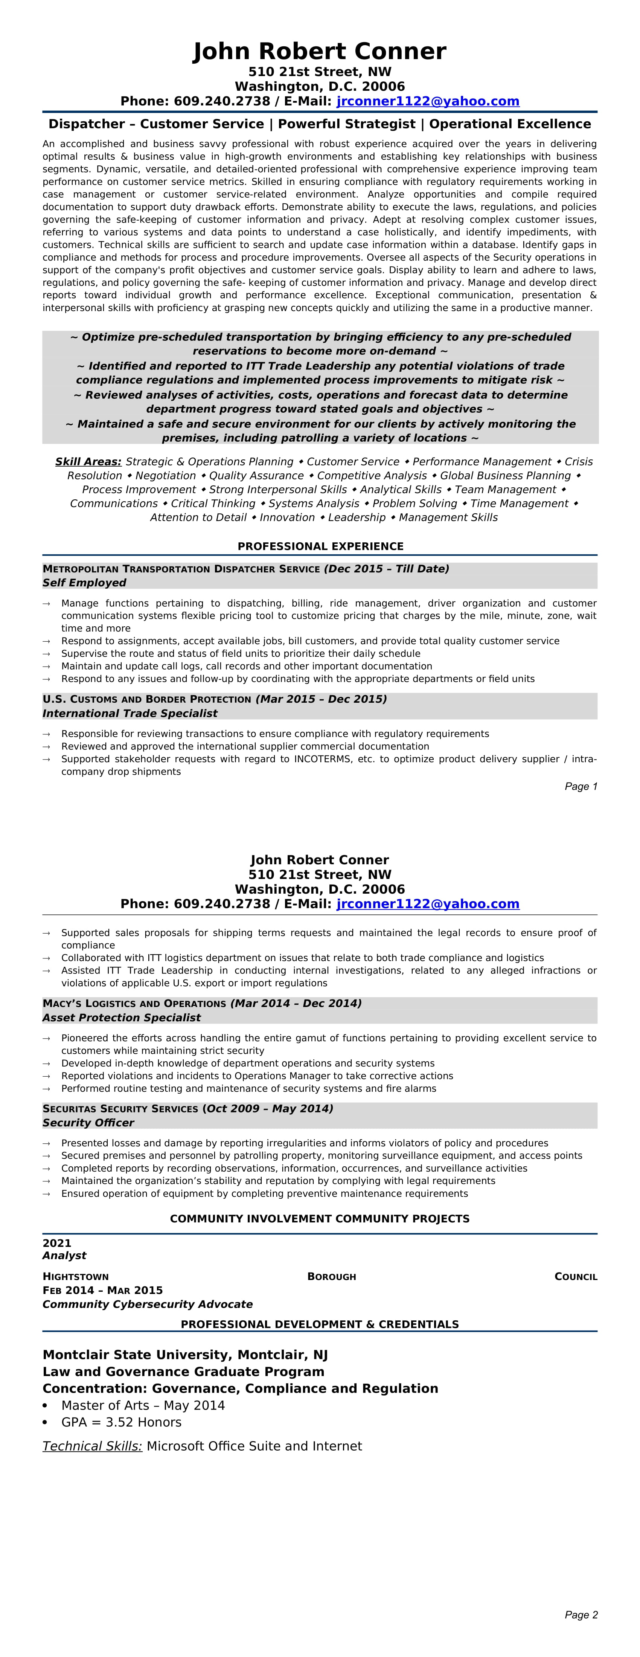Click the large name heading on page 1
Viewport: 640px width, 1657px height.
[320, 52]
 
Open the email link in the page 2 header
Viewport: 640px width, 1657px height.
[428, 904]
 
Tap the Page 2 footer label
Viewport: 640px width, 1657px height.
[581, 1614]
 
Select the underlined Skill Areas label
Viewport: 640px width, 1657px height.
[88, 462]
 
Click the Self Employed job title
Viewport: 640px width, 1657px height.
[84, 583]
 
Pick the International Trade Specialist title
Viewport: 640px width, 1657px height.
[130, 713]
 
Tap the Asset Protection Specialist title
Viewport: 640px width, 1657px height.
[122, 1018]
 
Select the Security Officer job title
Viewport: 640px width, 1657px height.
[88, 1123]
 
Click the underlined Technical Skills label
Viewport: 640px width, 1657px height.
[92, 1446]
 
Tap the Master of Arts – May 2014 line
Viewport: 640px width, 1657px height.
[143, 1405]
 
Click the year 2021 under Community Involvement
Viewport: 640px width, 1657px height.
[56, 1244]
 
